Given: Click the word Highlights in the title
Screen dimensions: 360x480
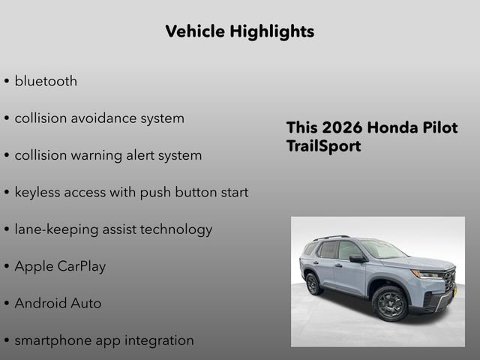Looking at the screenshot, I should click(x=274, y=31).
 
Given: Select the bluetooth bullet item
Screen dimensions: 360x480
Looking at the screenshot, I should click(x=46, y=81).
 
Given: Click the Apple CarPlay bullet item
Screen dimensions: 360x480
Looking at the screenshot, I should click(x=60, y=266).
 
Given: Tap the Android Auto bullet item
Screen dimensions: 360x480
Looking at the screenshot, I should click(x=58, y=304).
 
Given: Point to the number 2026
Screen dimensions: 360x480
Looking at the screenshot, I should click(x=339, y=127).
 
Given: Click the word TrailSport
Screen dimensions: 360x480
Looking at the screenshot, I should click(x=323, y=146).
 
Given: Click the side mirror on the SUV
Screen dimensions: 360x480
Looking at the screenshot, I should click(x=356, y=259).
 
